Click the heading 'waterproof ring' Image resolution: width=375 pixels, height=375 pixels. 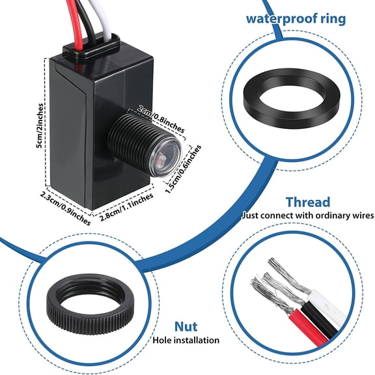(295, 17)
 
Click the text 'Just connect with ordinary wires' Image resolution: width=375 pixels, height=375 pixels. (307, 215)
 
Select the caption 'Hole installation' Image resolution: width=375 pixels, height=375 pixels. (186, 340)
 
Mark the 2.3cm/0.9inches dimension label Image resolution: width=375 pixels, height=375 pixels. (66, 202)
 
